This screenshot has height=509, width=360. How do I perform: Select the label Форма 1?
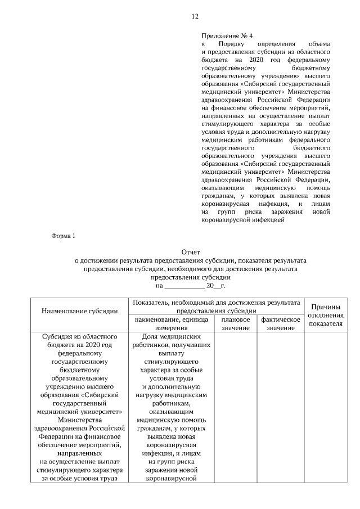pos(62,235)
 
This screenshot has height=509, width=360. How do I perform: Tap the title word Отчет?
pos(191,252)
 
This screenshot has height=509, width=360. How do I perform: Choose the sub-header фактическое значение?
pos(281,323)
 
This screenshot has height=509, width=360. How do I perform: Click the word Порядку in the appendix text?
pos(232,43)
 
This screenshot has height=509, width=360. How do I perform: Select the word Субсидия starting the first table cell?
pos(56,336)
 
